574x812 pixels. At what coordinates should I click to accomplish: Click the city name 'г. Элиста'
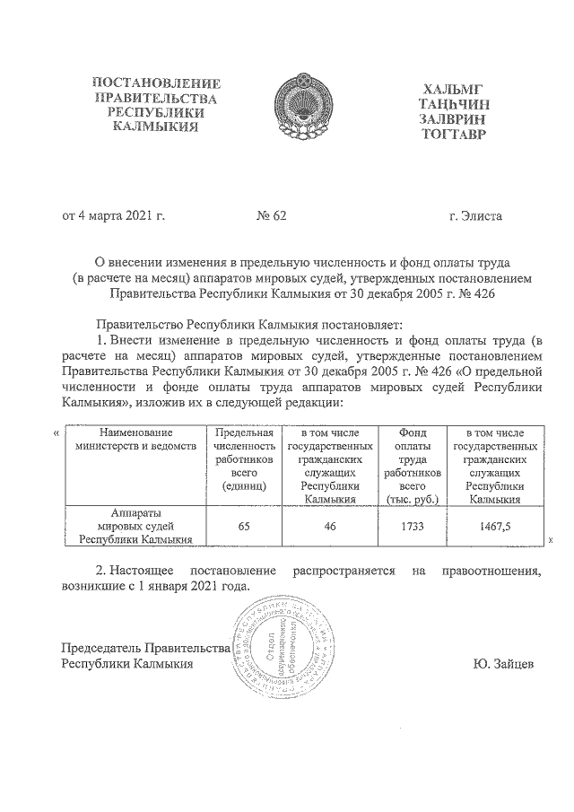tap(475, 216)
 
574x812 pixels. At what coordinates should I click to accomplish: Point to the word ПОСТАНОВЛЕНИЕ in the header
tap(157, 83)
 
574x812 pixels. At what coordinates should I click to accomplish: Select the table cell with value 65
tap(243, 528)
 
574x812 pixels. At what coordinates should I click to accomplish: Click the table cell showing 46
tap(330, 528)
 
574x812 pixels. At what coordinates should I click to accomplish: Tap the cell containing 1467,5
tap(495, 528)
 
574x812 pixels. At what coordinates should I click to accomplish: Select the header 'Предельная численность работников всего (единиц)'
tap(243, 458)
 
